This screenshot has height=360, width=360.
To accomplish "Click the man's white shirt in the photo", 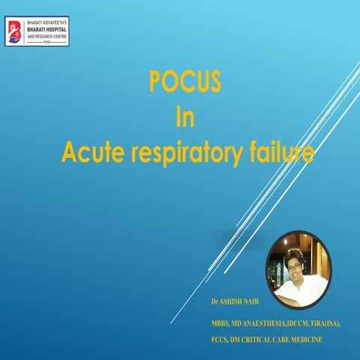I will click(304, 287).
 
